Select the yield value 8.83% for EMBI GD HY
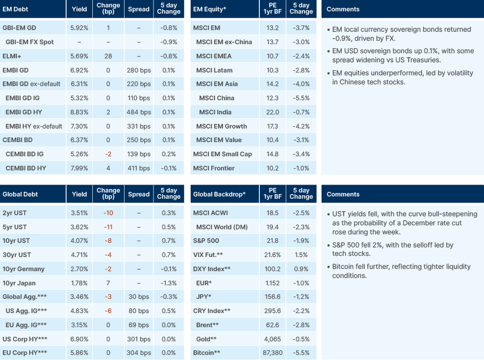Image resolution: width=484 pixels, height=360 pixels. (80, 112)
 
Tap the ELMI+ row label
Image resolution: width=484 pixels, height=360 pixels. (12, 56)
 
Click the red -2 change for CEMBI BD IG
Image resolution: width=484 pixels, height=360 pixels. (108, 154)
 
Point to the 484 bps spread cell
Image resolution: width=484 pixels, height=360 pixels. (139, 112)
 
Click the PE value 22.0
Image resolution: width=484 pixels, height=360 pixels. (272, 112)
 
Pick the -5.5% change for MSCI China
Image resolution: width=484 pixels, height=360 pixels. (301, 98)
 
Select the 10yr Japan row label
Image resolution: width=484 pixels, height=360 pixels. (19, 283)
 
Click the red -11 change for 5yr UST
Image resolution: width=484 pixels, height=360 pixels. (108, 227)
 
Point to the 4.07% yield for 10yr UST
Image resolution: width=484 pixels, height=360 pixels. (80, 241)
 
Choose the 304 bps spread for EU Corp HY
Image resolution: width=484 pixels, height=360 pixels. (139, 353)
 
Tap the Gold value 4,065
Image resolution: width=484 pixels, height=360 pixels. (272, 338)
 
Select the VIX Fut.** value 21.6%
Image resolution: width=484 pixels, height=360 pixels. (272, 255)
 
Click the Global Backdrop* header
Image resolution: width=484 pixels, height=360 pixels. (219, 194)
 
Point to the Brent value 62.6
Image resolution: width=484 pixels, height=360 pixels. (272, 325)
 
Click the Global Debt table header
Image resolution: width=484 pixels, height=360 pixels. (20, 194)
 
